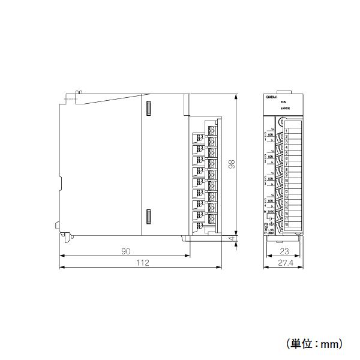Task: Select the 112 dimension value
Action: pos(142,263)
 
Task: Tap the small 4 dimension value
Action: pos(231,239)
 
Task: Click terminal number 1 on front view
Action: pos(287,131)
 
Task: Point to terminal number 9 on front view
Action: pos(287,175)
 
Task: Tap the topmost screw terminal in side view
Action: pos(211,130)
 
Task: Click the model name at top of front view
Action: pos(271,97)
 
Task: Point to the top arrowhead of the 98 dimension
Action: pos(238,95)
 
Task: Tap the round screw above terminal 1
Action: pos(281,121)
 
